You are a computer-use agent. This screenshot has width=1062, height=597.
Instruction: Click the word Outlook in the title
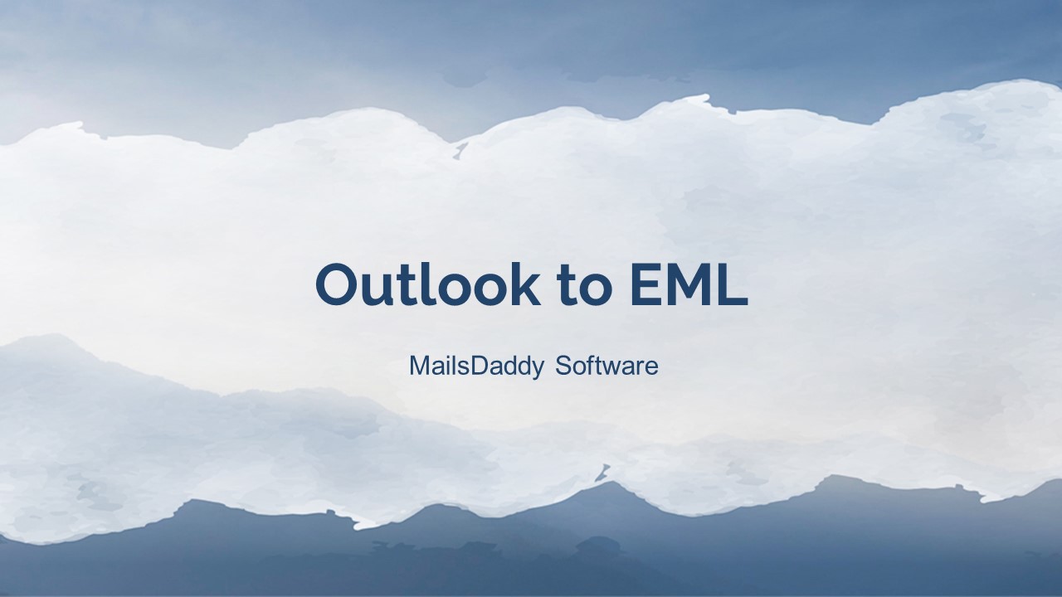(426, 284)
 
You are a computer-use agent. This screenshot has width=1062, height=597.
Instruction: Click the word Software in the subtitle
(607, 365)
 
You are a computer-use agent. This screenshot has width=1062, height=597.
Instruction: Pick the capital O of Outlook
(339, 284)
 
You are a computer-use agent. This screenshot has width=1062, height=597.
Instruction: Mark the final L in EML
(733, 284)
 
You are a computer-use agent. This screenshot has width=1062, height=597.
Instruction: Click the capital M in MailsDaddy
(418, 366)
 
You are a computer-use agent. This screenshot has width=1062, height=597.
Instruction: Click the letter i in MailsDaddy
(445, 366)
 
